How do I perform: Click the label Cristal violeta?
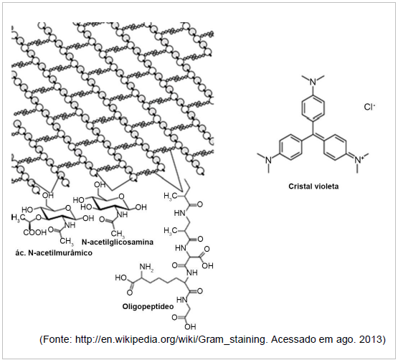tap(313, 186)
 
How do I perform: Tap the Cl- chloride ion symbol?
tap(369, 107)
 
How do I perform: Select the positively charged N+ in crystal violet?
tap(359, 159)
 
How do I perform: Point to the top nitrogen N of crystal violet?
tap(313, 82)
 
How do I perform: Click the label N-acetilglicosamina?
tap(118, 242)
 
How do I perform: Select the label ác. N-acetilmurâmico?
tap(54, 253)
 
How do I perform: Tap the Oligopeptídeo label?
tap(148, 306)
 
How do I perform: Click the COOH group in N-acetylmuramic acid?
tap(34, 232)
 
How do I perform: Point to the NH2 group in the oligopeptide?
tap(146, 267)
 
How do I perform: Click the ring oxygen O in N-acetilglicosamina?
tap(122, 196)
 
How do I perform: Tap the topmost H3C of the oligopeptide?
tap(171, 196)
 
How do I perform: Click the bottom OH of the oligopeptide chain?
tap(190, 326)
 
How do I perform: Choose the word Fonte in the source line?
tap(57, 339)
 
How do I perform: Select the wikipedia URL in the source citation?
tap(171, 340)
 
